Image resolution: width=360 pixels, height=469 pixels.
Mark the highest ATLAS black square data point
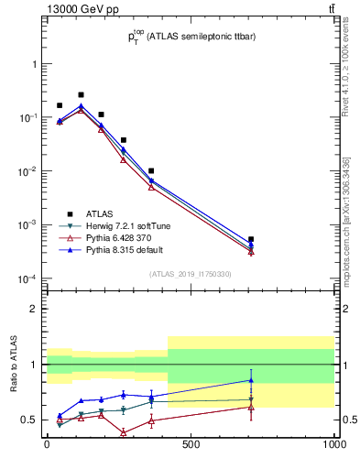coord(81,94)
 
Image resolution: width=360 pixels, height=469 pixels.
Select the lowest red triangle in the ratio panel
coord(123,432)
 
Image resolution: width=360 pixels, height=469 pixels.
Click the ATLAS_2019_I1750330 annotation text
coord(191,274)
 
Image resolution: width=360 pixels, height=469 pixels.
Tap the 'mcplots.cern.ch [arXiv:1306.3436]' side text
coord(346,220)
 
